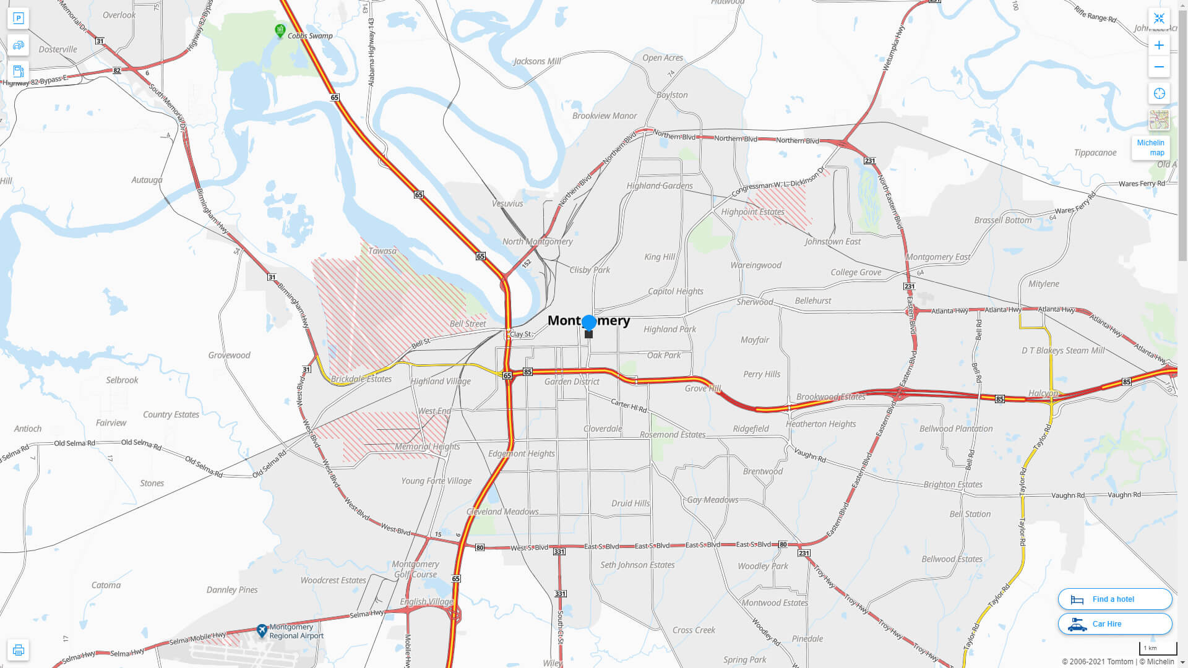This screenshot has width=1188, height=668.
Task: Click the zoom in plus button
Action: tap(1159, 45)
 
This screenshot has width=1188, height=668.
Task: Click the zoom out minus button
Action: tap(1159, 67)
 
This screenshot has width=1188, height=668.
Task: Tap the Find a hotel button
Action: tap(1114, 599)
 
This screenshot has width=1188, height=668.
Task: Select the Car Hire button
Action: tap(1114, 623)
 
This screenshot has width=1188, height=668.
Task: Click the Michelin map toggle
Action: tap(1150, 147)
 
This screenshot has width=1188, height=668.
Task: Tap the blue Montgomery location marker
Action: tap(589, 322)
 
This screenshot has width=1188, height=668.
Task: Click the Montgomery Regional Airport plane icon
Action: tap(262, 631)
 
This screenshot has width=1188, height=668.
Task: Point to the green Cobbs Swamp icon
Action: tap(280, 30)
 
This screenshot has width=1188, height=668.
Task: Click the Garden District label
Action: tap(572, 382)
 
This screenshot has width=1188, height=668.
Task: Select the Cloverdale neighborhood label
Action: tap(603, 429)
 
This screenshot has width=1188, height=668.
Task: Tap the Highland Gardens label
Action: tap(660, 186)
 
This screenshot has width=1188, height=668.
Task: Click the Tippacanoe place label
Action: tap(1095, 153)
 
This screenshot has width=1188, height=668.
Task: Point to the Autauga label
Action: tap(147, 180)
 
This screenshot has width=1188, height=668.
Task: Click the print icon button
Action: tap(18, 650)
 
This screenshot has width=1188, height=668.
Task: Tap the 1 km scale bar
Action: tap(1157, 648)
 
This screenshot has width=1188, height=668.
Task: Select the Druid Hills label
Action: tap(631, 503)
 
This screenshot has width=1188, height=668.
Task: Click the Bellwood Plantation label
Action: tap(956, 429)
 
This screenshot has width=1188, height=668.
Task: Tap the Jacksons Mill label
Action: tap(537, 61)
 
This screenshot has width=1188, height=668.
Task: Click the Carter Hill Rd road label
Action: tap(629, 406)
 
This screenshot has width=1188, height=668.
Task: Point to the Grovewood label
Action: tap(229, 355)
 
